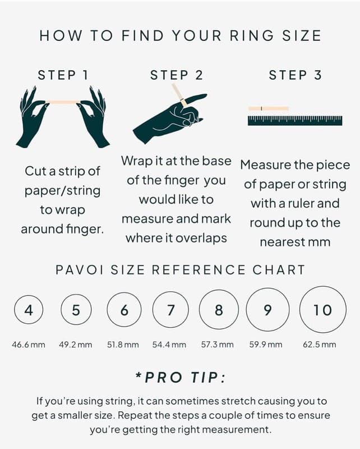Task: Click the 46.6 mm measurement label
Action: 29,345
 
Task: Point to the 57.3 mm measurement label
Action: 217,345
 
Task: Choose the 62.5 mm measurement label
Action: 320,345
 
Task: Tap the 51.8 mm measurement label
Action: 123,345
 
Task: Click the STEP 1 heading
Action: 63,75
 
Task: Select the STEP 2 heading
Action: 177,75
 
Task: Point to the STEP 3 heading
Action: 296,75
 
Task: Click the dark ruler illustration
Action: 295,121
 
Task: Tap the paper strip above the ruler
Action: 269,108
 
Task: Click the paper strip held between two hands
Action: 63,102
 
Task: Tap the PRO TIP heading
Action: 181,377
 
